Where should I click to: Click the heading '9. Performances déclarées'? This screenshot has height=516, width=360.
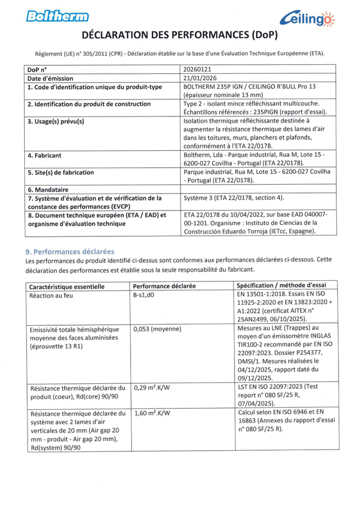(x=70, y=250)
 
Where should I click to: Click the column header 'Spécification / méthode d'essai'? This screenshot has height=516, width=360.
(x=286, y=286)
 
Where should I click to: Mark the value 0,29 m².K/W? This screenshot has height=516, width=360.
(x=152, y=388)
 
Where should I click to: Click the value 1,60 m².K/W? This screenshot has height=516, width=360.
(x=152, y=413)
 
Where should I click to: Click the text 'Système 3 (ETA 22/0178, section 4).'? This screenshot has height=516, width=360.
(x=234, y=199)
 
